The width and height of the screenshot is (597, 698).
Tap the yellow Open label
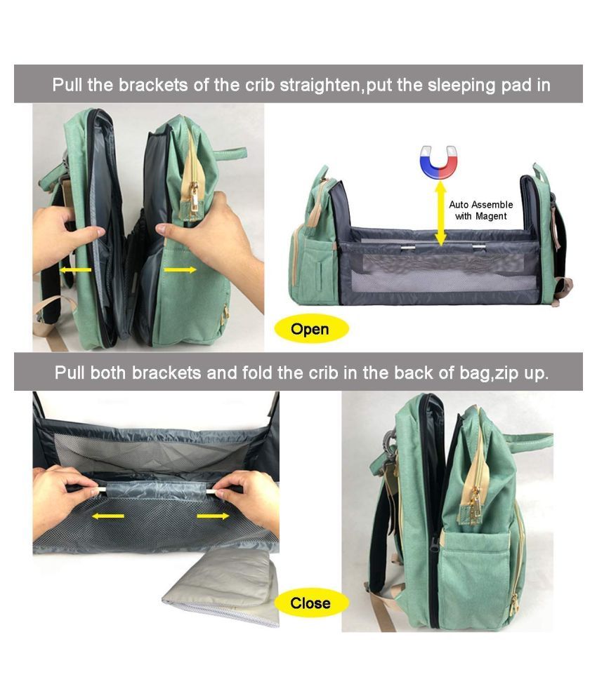(x=310, y=330)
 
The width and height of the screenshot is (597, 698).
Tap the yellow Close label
(x=310, y=603)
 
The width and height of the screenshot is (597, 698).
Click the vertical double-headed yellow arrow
(x=441, y=214)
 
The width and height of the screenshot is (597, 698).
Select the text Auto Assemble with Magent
(x=480, y=210)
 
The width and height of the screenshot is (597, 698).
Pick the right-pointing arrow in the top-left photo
(x=180, y=270)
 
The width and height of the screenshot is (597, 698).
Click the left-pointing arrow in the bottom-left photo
(x=108, y=516)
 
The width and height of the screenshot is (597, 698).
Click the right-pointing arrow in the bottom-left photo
(x=213, y=516)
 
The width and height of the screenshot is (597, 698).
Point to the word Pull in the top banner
(x=67, y=84)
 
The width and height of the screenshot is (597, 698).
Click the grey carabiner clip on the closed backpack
(x=390, y=443)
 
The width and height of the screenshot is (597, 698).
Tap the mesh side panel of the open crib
(x=439, y=272)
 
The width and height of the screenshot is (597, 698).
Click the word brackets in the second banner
(x=166, y=372)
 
